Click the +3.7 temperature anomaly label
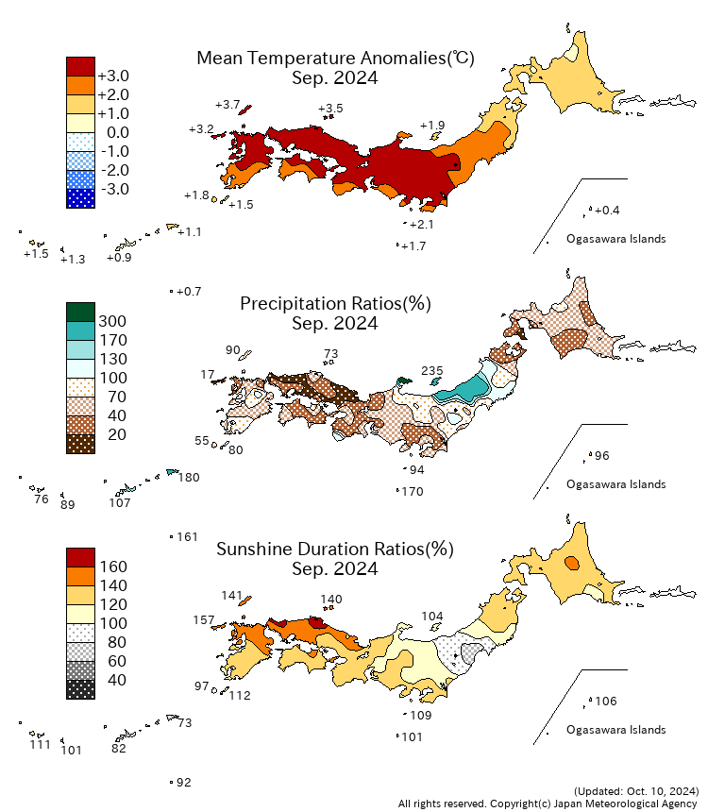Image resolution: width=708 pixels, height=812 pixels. [x=228, y=105]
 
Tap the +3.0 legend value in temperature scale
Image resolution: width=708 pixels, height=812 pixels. [x=113, y=76]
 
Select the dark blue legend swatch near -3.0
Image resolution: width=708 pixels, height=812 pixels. [x=81, y=199]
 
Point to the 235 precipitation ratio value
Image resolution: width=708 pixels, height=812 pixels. [x=432, y=371]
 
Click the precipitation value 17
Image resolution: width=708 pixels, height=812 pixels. [x=207, y=375]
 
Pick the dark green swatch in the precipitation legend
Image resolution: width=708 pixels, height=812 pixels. [x=81, y=313]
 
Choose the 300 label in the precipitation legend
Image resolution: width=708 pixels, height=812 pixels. [x=112, y=322]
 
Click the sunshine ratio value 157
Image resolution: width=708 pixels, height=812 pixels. [x=204, y=620]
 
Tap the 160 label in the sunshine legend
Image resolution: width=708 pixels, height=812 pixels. [x=113, y=567]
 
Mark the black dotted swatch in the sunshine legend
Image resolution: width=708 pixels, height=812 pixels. [x=81, y=690]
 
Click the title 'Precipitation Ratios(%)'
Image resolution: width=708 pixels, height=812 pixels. [x=336, y=303]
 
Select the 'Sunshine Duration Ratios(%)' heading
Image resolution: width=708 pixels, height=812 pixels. [x=335, y=549]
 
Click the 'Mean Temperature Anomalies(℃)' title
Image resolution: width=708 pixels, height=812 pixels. [x=336, y=58]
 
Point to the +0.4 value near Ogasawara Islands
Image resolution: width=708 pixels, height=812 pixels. [x=607, y=211]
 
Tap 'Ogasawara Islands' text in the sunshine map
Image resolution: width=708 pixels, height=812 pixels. [x=615, y=730]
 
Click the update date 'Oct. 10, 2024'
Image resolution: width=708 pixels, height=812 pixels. [x=662, y=791]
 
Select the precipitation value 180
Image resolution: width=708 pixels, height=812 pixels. [x=189, y=478]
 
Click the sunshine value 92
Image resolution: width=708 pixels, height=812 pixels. [x=184, y=783]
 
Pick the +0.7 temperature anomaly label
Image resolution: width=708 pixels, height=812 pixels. [x=189, y=292]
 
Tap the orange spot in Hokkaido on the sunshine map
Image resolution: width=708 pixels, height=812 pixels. [x=572, y=563]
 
